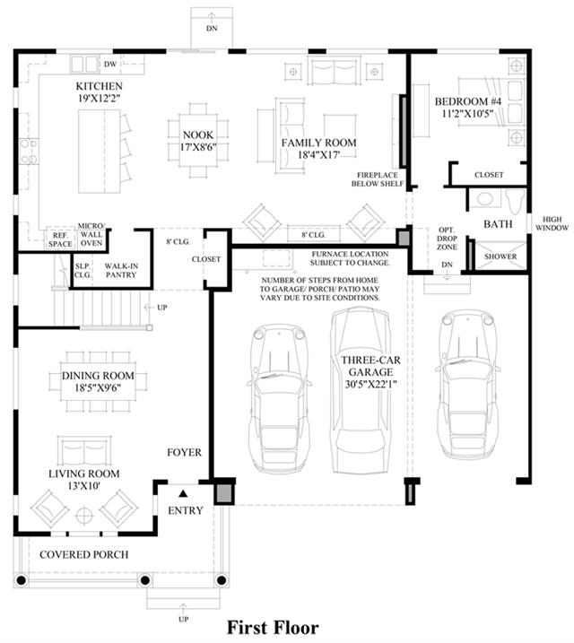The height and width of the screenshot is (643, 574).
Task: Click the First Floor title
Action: pyautogui.click(x=273, y=628)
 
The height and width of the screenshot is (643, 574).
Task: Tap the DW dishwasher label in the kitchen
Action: pyautogui.click(x=110, y=65)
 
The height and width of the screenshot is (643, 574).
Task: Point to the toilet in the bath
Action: pyautogui.click(x=516, y=201)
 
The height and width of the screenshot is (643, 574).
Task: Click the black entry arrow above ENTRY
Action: pyautogui.click(x=183, y=493)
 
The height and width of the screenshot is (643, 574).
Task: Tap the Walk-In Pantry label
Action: pyautogui.click(x=121, y=271)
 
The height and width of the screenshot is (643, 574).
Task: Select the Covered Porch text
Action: pyautogui.click(x=84, y=555)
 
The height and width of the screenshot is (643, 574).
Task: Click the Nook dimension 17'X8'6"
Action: pyautogui.click(x=198, y=147)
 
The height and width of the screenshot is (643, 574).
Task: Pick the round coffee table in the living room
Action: pyautogui.click(x=84, y=516)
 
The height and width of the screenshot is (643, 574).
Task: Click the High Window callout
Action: pyautogui.click(x=552, y=223)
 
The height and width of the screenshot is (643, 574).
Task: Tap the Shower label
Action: pyautogui.click(x=500, y=256)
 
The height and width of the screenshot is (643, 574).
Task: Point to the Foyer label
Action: pyautogui.click(x=184, y=452)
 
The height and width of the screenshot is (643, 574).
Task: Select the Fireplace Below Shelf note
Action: pyautogui.click(x=378, y=179)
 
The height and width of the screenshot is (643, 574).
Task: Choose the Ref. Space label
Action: pyautogui.click(x=60, y=240)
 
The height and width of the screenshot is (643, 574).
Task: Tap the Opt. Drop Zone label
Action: pyautogui.click(x=447, y=239)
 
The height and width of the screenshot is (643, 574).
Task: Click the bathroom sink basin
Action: pyautogui.click(x=484, y=199)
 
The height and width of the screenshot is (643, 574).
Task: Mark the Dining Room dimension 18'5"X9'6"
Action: pyautogui.click(x=98, y=387)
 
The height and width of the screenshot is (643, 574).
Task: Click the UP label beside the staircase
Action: pyautogui.click(x=162, y=307)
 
